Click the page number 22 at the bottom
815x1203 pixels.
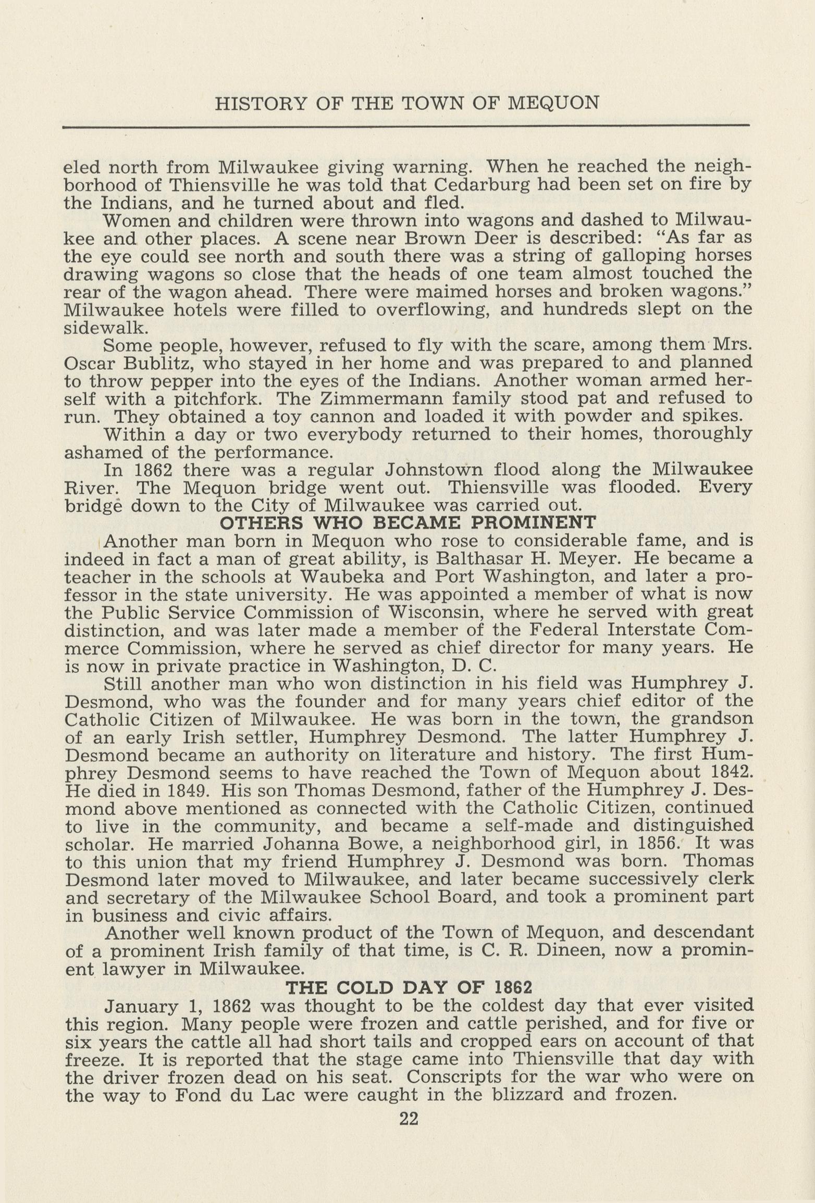[409, 1119]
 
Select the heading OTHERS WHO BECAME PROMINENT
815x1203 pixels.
[408, 522]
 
